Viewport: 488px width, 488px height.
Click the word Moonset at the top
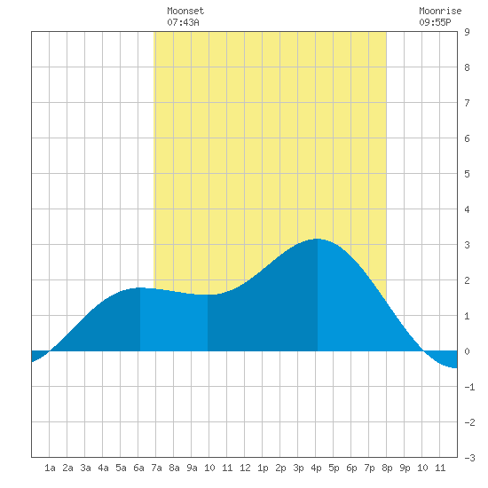pyautogui.click(x=185, y=11)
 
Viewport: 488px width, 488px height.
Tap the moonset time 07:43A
pyautogui.click(x=183, y=22)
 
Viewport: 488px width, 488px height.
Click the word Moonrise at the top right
pyautogui.click(x=440, y=11)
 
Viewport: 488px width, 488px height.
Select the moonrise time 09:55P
pyautogui.click(x=435, y=22)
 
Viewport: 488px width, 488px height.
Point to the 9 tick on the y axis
pyautogui.click(x=467, y=32)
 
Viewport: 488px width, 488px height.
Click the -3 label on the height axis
pyautogui.click(x=469, y=458)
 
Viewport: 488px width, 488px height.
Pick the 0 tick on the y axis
pyautogui.click(x=467, y=351)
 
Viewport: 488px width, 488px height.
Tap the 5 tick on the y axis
pyautogui.click(x=467, y=174)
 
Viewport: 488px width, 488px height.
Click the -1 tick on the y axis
pyautogui.click(x=469, y=387)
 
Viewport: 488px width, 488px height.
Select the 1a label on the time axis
pyautogui.click(x=50, y=468)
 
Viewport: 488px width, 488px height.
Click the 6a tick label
pyautogui.click(x=138, y=468)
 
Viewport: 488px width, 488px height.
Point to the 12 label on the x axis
pyautogui.click(x=245, y=468)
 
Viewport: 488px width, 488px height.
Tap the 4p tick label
pyautogui.click(x=316, y=468)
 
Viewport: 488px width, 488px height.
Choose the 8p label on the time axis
pyautogui.click(x=387, y=468)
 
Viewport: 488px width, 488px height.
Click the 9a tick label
pyautogui.click(x=192, y=468)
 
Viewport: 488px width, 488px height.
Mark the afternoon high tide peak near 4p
pyautogui.click(x=317, y=239)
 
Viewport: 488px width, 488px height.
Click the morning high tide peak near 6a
pyautogui.click(x=140, y=287)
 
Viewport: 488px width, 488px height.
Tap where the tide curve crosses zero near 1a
pyautogui.click(x=50, y=351)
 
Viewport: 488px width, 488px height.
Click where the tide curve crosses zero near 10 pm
pyautogui.click(x=423, y=351)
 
